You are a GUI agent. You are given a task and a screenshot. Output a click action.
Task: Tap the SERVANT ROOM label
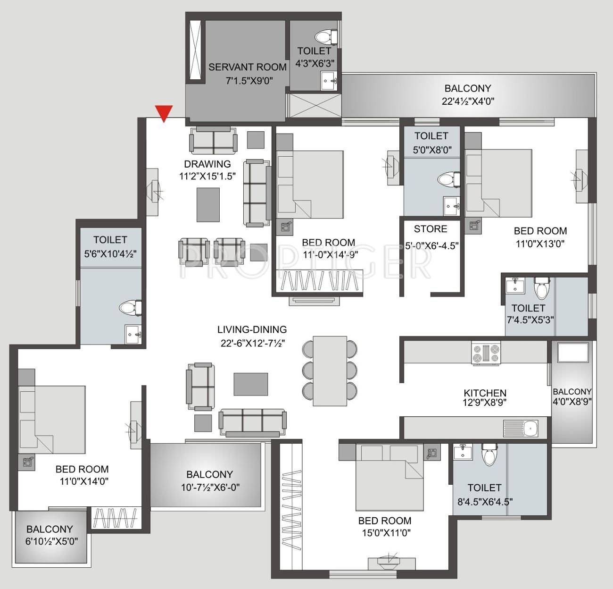coord(248,67)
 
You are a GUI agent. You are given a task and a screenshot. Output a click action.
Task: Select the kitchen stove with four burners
coord(486,353)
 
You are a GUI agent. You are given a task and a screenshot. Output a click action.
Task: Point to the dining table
coord(330,371)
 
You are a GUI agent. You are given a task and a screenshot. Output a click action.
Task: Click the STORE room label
coord(431,228)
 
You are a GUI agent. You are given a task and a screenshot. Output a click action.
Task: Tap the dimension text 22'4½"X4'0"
coord(468,101)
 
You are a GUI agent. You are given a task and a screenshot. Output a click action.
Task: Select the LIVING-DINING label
coord(252,329)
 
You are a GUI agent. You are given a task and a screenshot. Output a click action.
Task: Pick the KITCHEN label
coord(485,393)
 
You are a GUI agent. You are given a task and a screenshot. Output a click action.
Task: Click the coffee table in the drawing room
coord(208,205)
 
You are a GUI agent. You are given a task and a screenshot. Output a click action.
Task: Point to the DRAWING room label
coord(207,164)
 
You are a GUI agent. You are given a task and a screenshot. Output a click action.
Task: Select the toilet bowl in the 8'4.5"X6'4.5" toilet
coord(490,454)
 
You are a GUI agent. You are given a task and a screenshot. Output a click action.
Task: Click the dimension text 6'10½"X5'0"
coord(52,541)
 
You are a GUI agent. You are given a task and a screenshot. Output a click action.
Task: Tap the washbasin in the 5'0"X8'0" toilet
coord(451,206)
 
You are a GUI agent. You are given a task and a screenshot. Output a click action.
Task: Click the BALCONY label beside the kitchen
coord(572,392)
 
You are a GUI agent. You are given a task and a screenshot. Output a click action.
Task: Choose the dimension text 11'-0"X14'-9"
coord(331,254)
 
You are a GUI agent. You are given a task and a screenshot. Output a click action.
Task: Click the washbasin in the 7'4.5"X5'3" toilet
coord(515,286)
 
